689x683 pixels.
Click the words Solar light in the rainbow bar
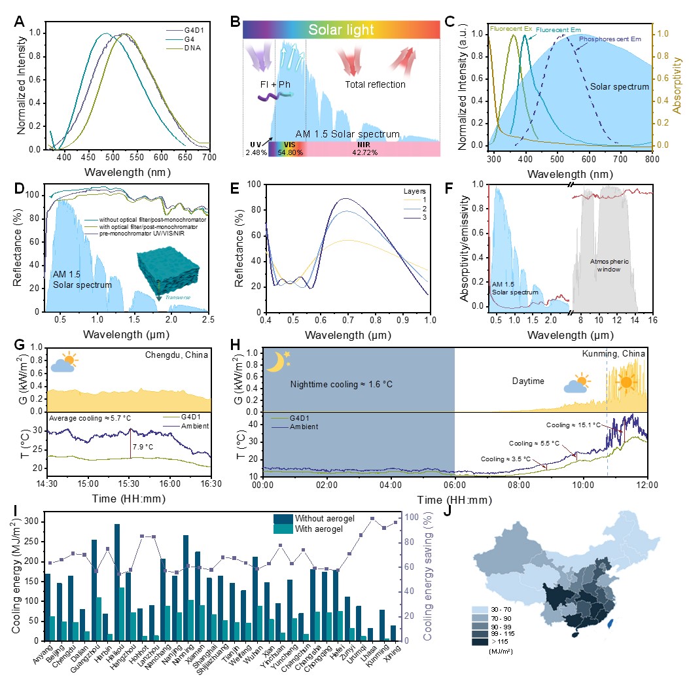[341, 30]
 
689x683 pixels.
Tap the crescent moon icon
[275, 361]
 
